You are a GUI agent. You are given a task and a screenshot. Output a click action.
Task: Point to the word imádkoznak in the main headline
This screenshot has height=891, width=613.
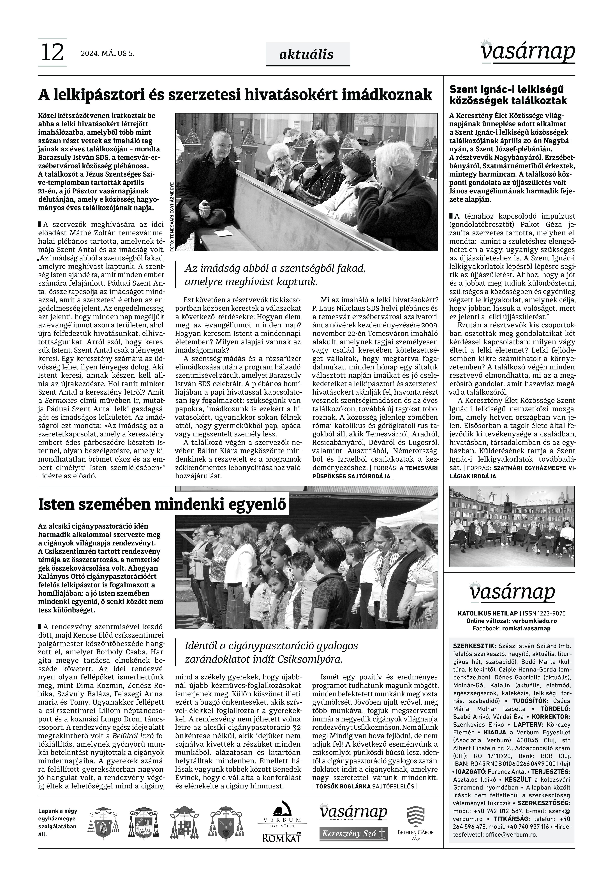pos(390,94)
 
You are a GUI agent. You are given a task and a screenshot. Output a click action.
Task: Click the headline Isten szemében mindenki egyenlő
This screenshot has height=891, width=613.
pos(163,504)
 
